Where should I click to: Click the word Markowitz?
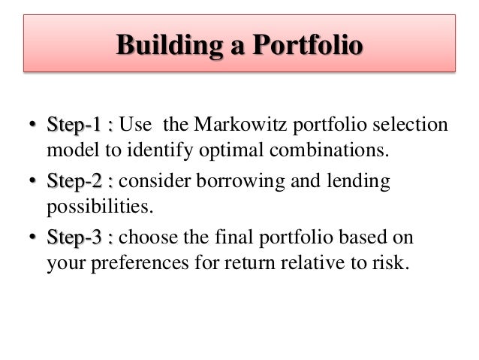245,123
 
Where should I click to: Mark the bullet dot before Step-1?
32,125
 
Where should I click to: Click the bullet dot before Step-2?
32,182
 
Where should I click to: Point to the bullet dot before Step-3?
32,239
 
